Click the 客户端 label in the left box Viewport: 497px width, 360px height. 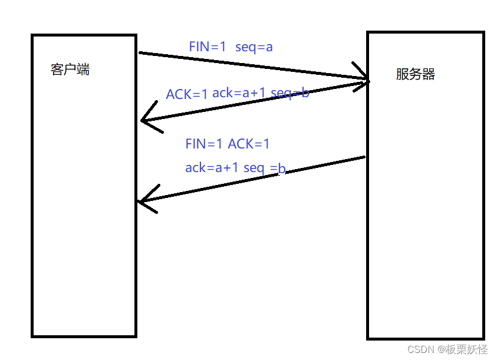click(70, 70)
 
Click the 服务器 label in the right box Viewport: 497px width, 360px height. click(415, 74)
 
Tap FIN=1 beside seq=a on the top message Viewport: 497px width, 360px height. click(208, 47)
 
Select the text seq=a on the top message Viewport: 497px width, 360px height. click(254, 47)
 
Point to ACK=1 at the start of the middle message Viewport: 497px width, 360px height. click(187, 94)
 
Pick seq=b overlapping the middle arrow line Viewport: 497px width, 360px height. click(289, 93)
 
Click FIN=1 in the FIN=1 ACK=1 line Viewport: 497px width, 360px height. click(204, 144)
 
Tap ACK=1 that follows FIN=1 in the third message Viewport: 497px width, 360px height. click(249, 144)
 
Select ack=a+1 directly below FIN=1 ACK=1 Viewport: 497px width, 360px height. click(212, 168)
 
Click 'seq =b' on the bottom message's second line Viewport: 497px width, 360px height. click(265, 169)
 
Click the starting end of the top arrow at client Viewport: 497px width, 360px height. click(140, 53)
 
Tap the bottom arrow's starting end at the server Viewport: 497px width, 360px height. click(365, 157)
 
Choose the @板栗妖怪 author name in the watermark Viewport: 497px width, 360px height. click(462, 349)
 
